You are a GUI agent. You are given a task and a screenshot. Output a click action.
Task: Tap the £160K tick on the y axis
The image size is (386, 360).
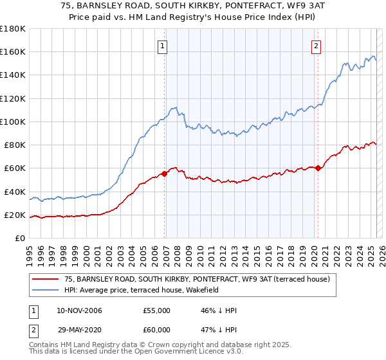point(13,51)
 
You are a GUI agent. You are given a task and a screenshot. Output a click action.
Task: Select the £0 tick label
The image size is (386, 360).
point(19,239)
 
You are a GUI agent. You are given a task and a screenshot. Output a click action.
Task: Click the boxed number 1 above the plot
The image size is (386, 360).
point(163,46)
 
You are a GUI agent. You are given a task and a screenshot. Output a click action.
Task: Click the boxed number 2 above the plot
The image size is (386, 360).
point(317,46)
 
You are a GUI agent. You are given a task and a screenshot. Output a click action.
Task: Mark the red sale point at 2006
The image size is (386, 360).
point(165,173)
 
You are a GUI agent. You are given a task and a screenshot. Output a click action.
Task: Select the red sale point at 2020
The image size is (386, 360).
point(318,168)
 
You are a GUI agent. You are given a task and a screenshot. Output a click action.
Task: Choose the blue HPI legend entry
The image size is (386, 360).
point(142,290)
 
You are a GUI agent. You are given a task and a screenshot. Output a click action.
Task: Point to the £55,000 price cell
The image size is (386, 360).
point(157,310)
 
